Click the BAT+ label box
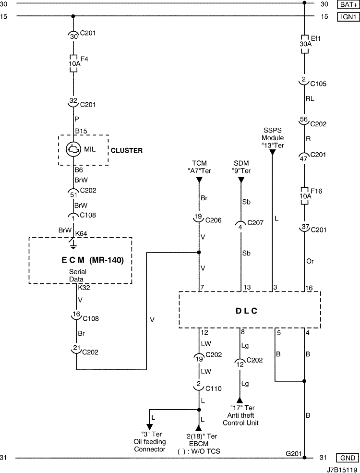[x=348, y=4]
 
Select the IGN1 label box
[x=348, y=17]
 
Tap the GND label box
[x=348, y=458]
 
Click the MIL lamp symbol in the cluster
[x=73, y=149]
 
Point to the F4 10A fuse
[x=73, y=64]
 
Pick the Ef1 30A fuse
[x=304, y=44]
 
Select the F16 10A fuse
[x=304, y=196]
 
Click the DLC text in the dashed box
[x=247, y=311]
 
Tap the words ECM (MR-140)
[x=93, y=260]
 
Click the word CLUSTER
[x=127, y=150]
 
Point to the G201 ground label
[x=294, y=453]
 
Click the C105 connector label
[x=318, y=84]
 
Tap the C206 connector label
[x=214, y=220]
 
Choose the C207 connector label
[x=255, y=223]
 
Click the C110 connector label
[x=214, y=388]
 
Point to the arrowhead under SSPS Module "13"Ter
[x=273, y=153]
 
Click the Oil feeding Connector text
[x=150, y=442]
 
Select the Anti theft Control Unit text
[x=240, y=415]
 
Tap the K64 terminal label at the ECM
[x=81, y=233]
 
